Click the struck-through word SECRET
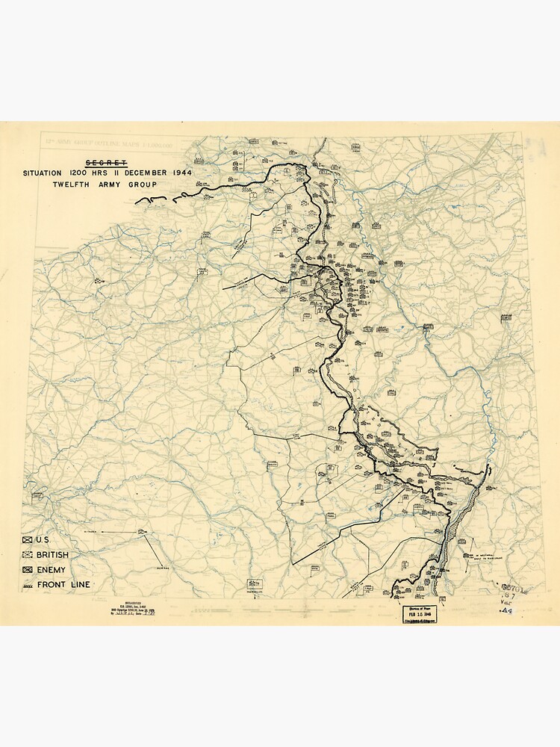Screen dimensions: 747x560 [106, 163]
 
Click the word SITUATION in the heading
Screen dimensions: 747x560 [42, 173]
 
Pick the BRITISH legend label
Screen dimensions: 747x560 [52, 555]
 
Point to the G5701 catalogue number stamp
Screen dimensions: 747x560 [513, 588]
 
